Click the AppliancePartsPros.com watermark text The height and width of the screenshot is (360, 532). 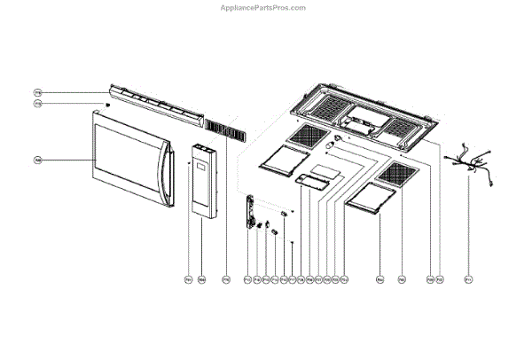tap(262, 7)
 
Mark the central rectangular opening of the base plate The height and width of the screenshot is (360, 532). tap(363, 114)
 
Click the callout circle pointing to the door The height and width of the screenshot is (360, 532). tap(38, 160)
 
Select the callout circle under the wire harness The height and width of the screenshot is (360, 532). tap(468, 280)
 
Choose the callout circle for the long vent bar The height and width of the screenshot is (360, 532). tap(38, 92)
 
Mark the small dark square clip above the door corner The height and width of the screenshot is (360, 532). tap(109, 104)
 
